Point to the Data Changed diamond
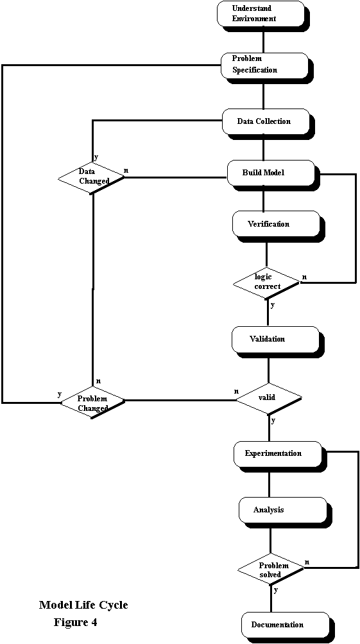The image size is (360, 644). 92,177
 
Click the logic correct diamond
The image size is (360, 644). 267,283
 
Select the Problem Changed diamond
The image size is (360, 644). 92,403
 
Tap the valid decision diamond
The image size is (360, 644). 269,398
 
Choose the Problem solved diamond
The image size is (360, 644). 271,570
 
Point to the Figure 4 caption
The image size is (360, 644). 76,623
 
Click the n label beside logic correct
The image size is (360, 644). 304,277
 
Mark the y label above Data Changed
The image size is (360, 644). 96,157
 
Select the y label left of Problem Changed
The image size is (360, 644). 60,394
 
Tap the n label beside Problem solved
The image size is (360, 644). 307,561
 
